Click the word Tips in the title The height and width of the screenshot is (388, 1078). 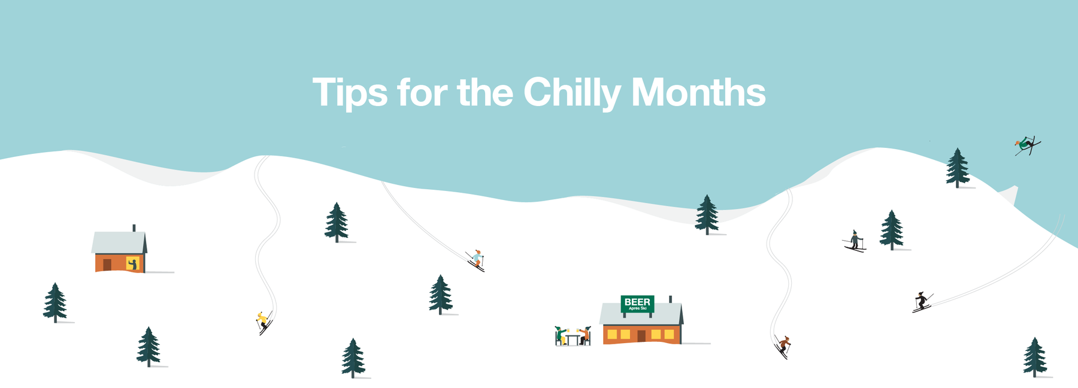[350, 93]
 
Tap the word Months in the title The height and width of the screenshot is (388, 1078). [698, 92]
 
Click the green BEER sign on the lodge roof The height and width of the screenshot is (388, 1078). [637, 304]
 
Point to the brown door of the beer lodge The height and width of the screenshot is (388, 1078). [641, 336]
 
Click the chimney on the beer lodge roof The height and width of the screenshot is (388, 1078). [670, 299]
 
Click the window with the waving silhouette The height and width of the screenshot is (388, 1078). [132, 263]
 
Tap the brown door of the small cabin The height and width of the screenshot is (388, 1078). [107, 265]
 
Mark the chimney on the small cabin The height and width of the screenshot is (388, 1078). [134, 228]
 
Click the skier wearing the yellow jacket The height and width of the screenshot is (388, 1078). [264, 322]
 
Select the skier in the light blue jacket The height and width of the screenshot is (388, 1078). [476, 260]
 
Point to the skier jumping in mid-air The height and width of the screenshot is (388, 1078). [1027, 145]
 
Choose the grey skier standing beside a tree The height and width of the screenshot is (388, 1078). [855, 241]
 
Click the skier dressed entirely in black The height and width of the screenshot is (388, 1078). [922, 302]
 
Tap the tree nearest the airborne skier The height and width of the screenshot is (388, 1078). [958, 168]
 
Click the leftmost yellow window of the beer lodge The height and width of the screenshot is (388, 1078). [612, 334]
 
